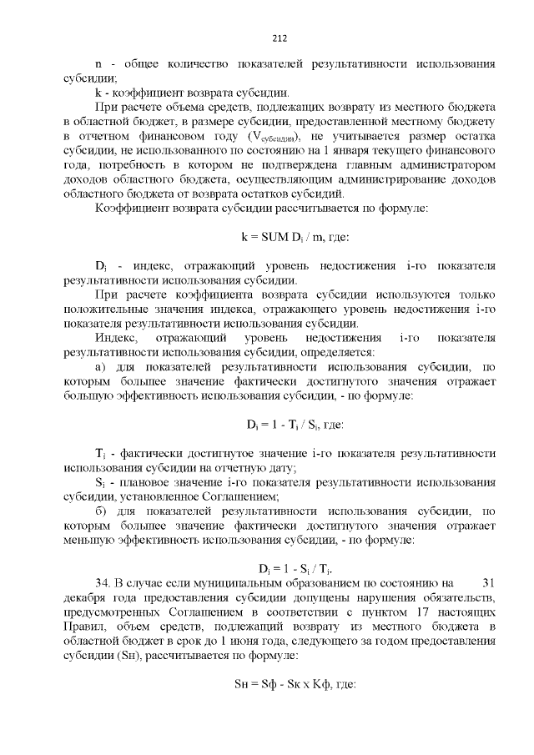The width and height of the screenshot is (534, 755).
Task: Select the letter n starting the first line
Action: click(x=98, y=64)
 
